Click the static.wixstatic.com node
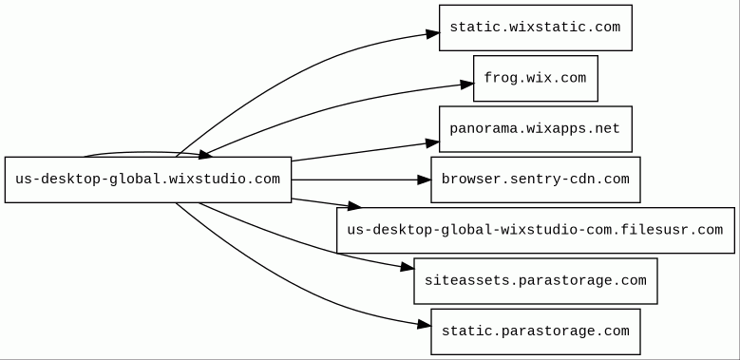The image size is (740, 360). tap(536, 28)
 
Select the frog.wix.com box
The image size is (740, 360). tap(536, 78)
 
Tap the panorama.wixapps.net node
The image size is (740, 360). tap(536, 129)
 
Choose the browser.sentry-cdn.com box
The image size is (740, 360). tap(536, 180)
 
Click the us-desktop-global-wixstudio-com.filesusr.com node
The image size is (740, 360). tap(536, 230)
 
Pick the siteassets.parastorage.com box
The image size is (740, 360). tap(536, 281)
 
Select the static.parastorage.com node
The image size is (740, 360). tap(536, 332)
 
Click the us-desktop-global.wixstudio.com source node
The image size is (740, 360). tap(148, 180)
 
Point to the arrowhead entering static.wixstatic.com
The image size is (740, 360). tap(433, 33)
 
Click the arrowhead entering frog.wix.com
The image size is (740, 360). tap(467, 85)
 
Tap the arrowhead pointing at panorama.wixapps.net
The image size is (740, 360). tap(433, 142)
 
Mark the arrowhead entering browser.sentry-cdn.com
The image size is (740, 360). tap(425, 180)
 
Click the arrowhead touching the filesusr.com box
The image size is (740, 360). tap(354, 205)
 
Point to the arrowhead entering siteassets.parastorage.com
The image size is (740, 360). tap(408, 268)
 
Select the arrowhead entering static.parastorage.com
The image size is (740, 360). tap(425, 324)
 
